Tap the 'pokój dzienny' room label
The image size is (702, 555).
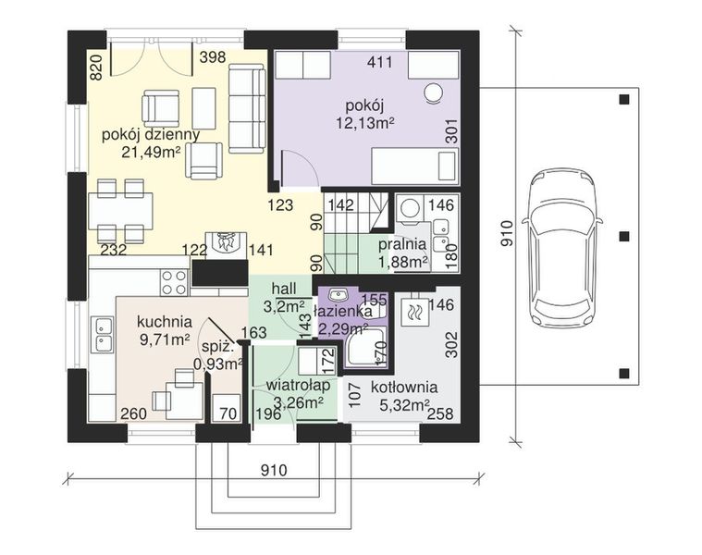pyautogui.click(x=151, y=135)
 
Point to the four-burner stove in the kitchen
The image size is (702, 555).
pyautogui.click(x=174, y=282)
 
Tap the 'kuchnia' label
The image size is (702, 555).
pyautogui.click(x=165, y=321)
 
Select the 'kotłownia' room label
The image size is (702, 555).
pyautogui.click(x=404, y=387)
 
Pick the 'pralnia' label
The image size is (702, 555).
pyautogui.click(x=402, y=244)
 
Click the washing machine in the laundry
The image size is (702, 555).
pyautogui.click(x=409, y=208)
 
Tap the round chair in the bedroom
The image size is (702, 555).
pyautogui.click(x=434, y=93)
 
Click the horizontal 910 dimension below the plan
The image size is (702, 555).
pyautogui.click(x=273, y=471)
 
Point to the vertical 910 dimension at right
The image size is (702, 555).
pyautogui.click(x=506, y=234)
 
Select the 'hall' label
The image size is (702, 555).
pyautogui.click(x=283, y=290)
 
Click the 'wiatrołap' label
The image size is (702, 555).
pyautogui.click(x=298, y=385)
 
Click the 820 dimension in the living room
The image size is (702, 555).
pyautogui.click(x=97, y=68)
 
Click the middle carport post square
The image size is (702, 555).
pyautogui.click(x=624, y=236)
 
